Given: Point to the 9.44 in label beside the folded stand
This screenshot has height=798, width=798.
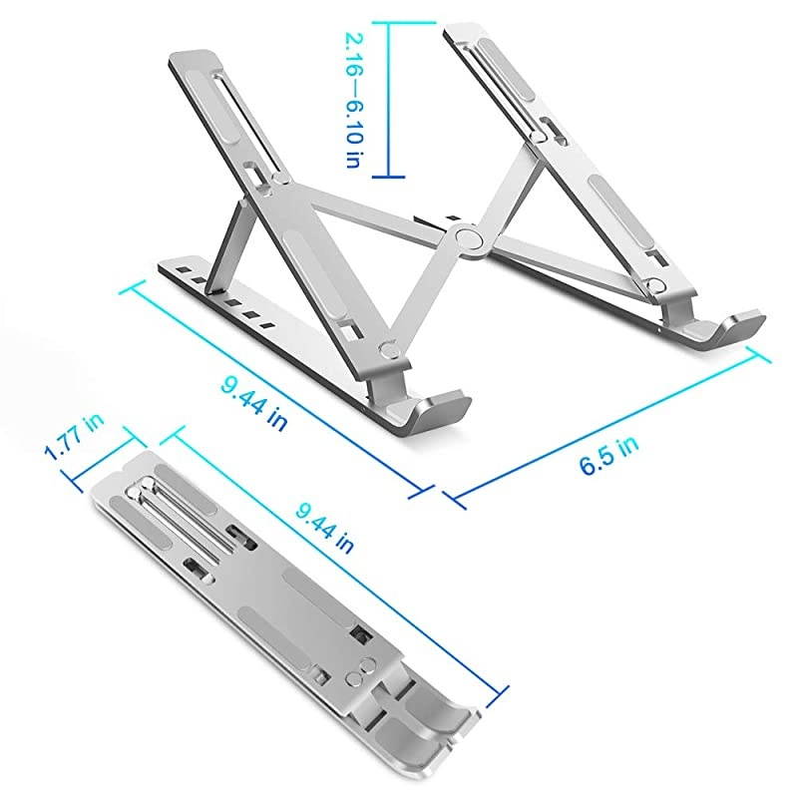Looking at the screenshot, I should tap(324, 527).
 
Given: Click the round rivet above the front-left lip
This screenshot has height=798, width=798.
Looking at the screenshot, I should tap(390, 350).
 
